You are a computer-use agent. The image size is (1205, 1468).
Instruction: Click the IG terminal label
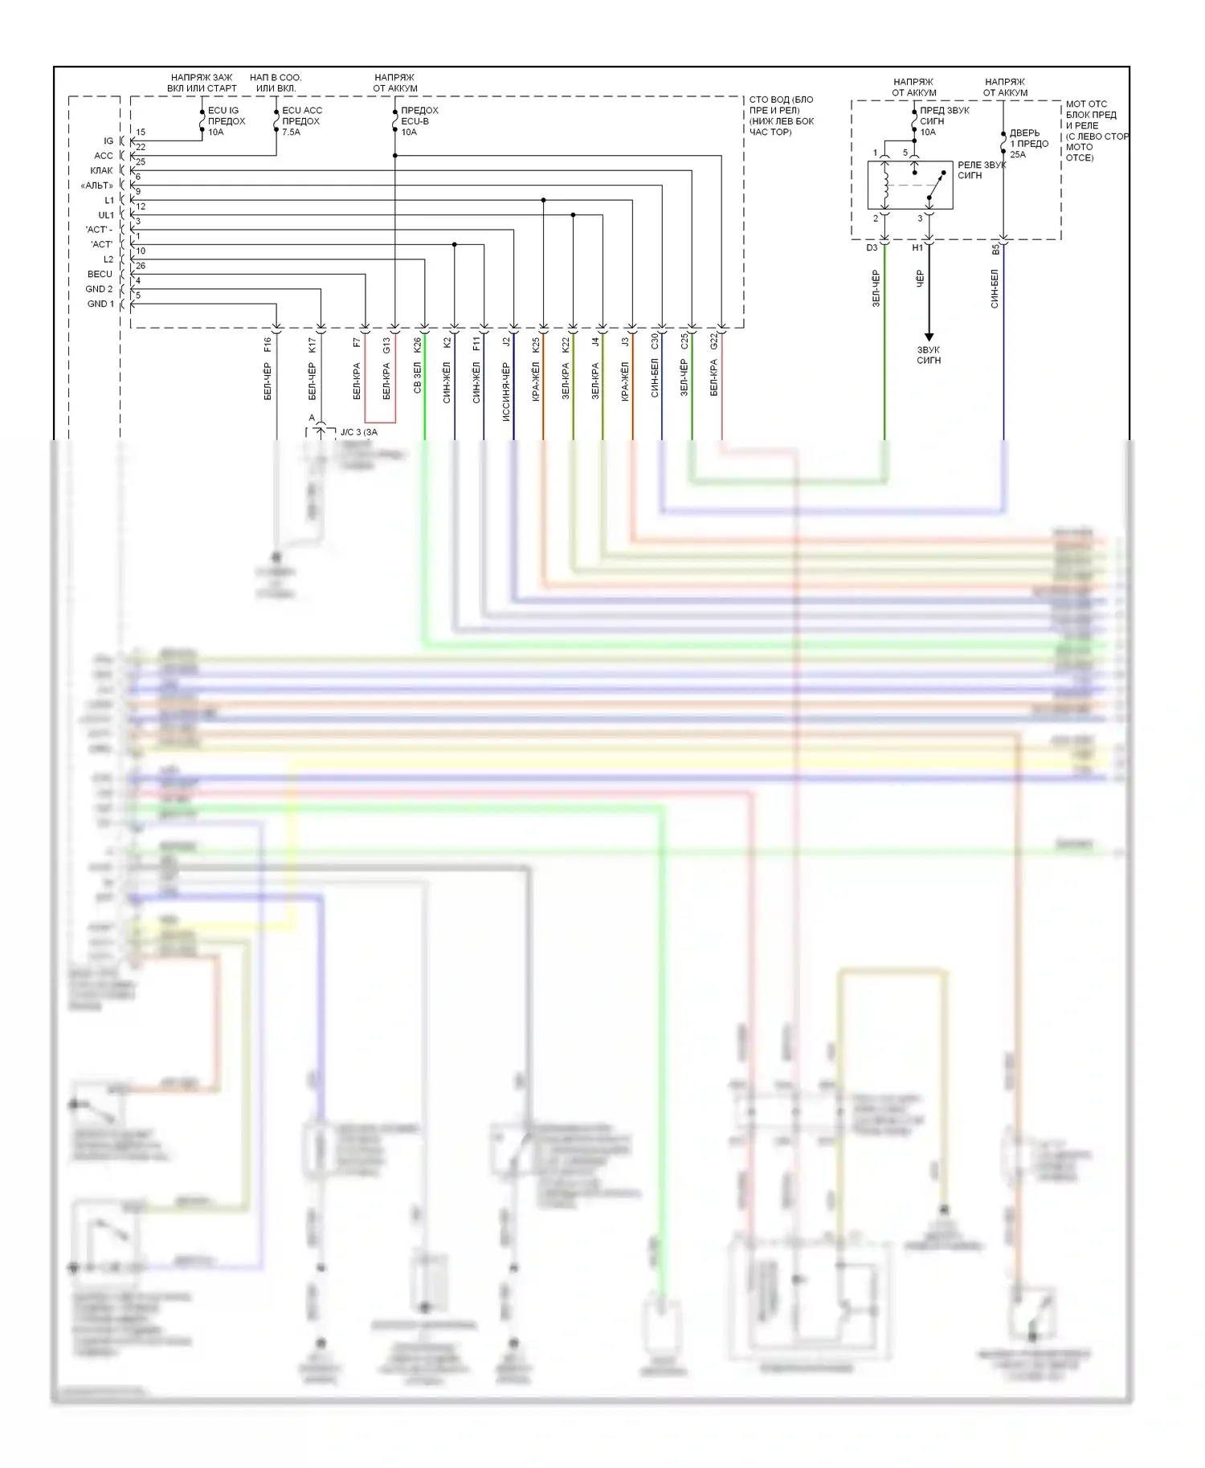coord(108,141)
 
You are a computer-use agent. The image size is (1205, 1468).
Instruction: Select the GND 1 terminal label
coord(100,304)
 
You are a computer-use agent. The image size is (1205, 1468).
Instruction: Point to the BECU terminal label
coord(100,275)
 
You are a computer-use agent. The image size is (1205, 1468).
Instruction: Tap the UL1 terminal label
coord(105,215)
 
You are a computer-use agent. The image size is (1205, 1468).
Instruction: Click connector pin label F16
coord(268,345)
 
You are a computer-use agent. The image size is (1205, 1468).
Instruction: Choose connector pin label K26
coord(417,345)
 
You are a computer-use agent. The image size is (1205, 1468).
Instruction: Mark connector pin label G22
coord(713,342)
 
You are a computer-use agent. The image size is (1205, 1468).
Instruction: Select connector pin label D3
coord(872,248)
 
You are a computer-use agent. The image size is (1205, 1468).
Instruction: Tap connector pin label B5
coord(995,250)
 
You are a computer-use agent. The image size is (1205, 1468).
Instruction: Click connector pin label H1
coord(917,248)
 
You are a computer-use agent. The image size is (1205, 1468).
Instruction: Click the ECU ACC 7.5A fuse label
coord(301,121)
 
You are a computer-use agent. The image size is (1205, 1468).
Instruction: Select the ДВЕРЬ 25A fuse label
coord(1028,144)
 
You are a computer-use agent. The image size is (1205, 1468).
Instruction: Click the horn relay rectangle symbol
coord(909,186)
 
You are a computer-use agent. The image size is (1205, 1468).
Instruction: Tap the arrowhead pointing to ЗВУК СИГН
coord(929,336)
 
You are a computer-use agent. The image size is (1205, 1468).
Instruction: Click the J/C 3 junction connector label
coord(358,432)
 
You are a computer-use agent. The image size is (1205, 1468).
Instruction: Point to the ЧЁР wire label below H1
coord(920,278)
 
